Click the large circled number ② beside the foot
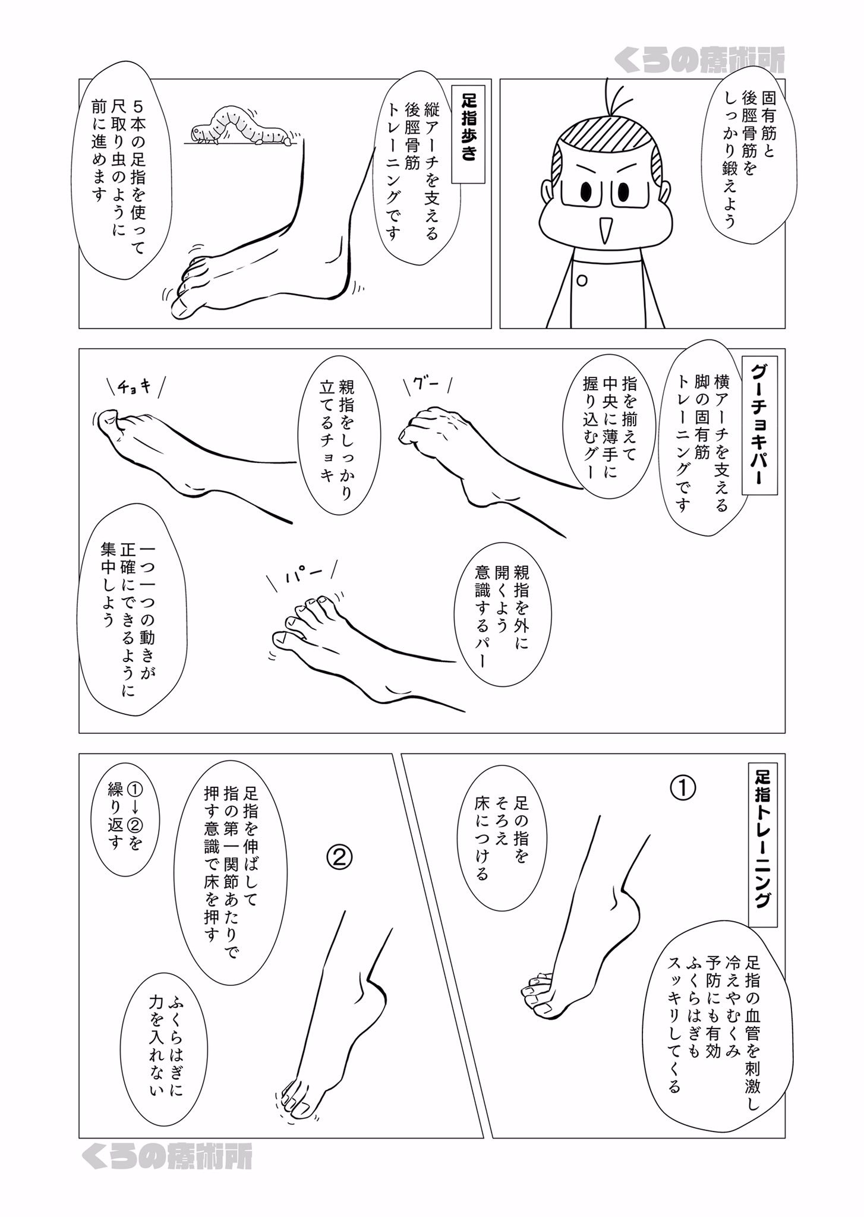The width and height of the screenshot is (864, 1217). pos(340,856)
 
